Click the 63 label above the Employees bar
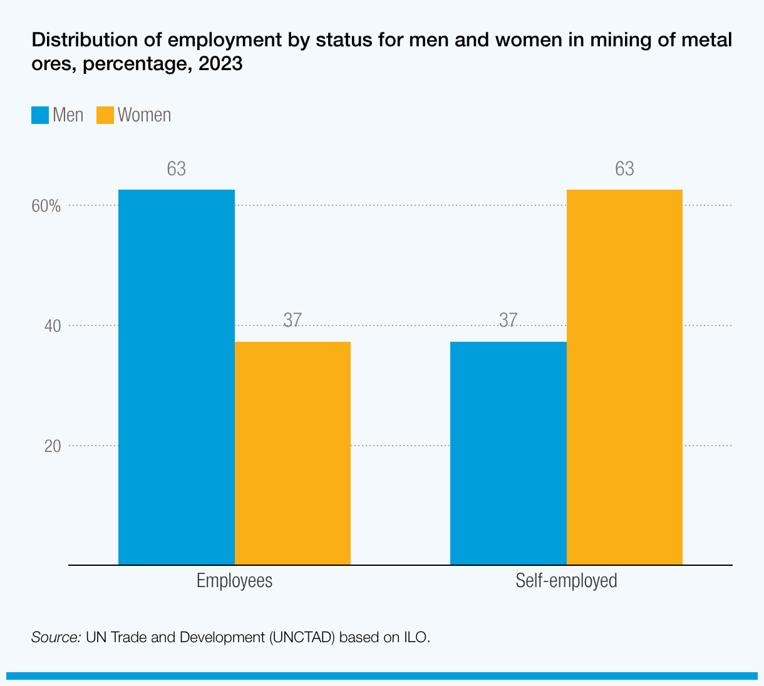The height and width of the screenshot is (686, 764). (x=177, y=169)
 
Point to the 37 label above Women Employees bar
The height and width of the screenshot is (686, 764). (x=292, y=320)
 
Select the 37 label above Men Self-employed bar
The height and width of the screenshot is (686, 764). (x=508, y=320)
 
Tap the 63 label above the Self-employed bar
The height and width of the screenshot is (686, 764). (x=624, y=169)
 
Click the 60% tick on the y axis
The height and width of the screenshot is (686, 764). (x=46, y=206)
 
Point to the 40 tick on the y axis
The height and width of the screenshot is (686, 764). (x=53, y=326)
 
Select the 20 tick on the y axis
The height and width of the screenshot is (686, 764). (x=53, y=446)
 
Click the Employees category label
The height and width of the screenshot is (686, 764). (x=234, y=581)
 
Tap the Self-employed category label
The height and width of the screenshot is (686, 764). (x=566, y=581)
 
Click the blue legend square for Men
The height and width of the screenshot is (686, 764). (x=40, y=115)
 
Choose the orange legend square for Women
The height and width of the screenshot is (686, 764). (x=105, y=115)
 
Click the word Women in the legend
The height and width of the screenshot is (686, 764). (x=144, y=115)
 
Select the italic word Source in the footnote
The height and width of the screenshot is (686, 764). (x=56, y=638)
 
